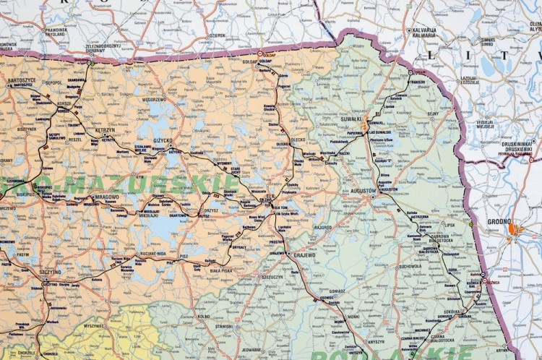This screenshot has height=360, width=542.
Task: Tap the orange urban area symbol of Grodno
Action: pyautogui.click(x=514, y=231)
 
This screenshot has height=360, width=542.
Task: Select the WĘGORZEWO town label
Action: pyautogui.click(x=154, y=100)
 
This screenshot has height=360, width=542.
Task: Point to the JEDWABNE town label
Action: pyautogui.click(x=251, y=349)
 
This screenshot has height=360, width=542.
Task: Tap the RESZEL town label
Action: pyautogui.click(x=75, y=140)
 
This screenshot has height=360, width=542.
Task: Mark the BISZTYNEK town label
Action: pyautogui.click(x=27, y=129)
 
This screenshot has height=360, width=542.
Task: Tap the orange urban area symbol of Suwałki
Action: pyautogui.click(x=366, y=124)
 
